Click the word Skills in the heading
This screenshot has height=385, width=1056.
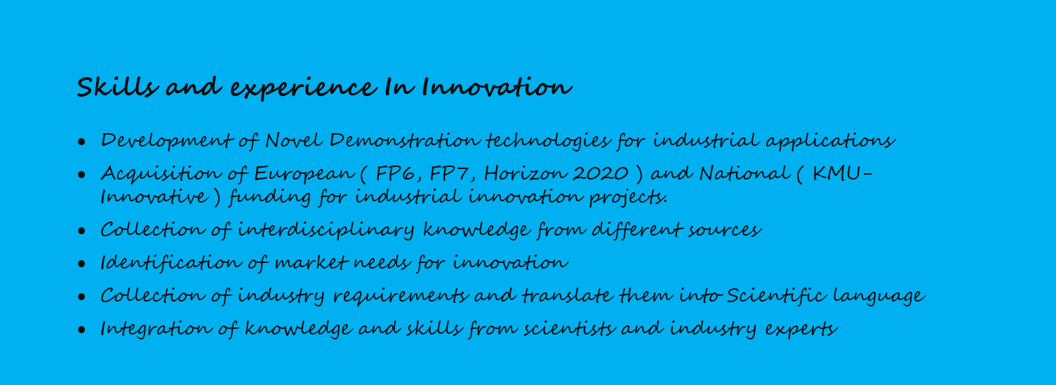pos(117,87)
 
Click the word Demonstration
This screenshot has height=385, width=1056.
pos(404,140)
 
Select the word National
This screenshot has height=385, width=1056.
pos(744,173)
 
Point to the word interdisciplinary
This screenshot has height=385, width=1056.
pos(326,231)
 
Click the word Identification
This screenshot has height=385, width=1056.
pos(171,263)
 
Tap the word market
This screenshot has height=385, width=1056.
pos(312,263)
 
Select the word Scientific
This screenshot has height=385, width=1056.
pos(776,295)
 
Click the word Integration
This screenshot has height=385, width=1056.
pos(156,329)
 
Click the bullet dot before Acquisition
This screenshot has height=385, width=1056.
pos(82,175)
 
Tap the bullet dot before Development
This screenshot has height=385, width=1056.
pos(82,142)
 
